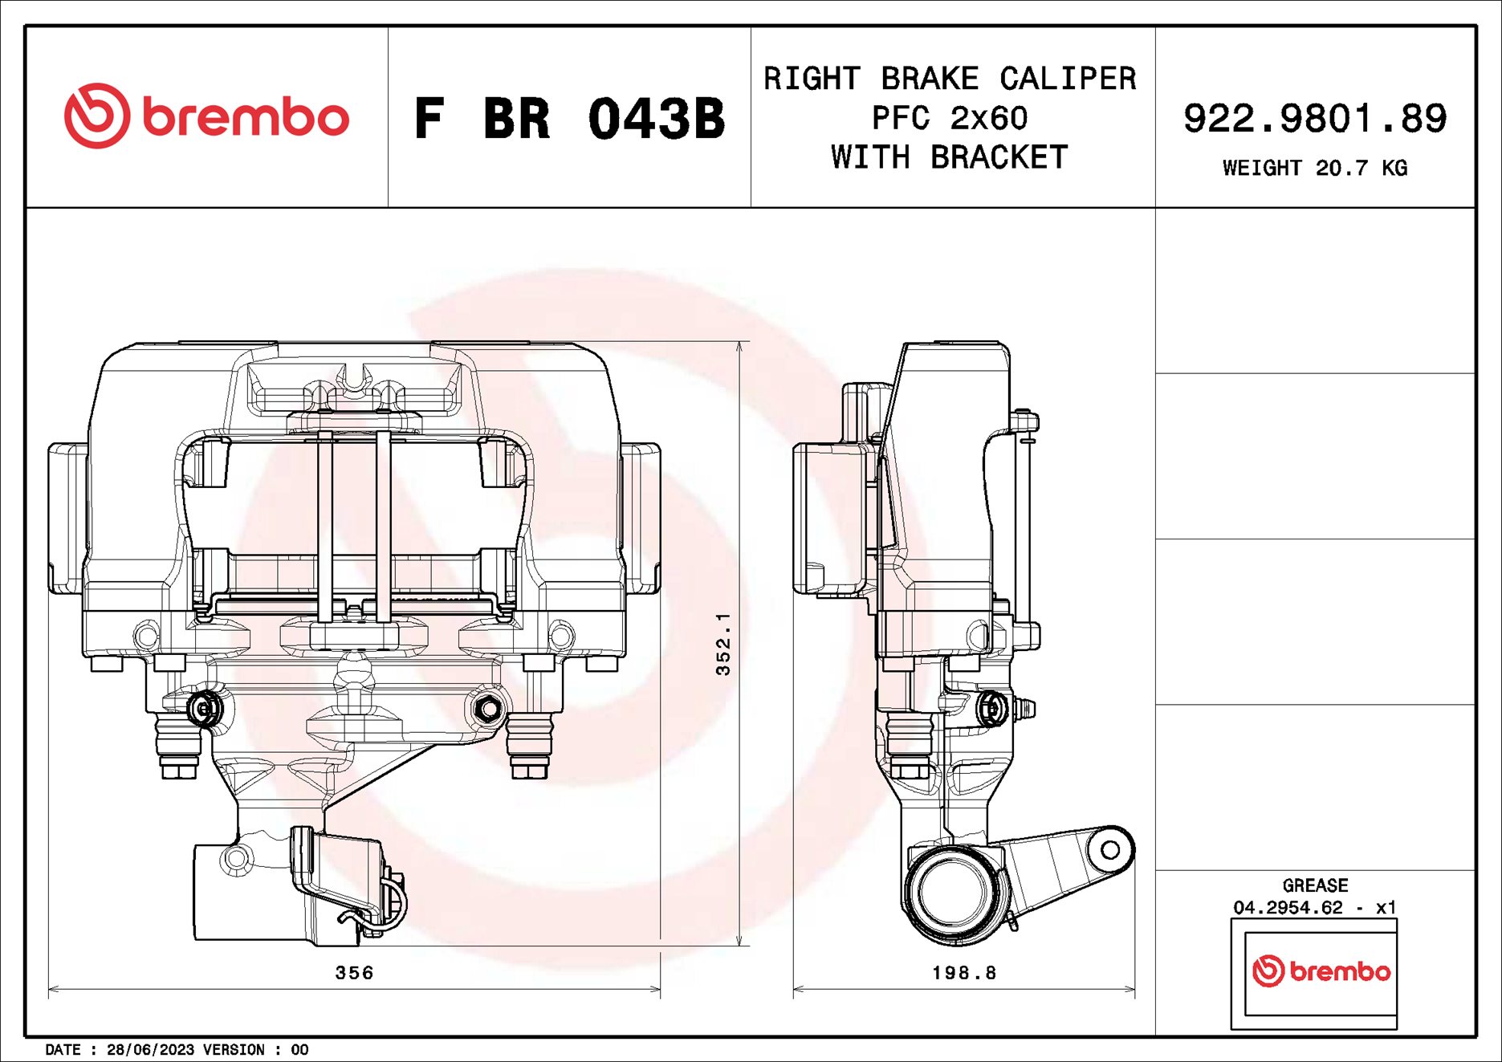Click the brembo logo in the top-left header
click(x=206, y=116)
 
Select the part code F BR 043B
click(x=569, y=119)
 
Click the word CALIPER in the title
click(x=1068, y=79)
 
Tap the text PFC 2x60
click(x=950, y=118)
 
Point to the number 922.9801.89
click(x=1315, y=118)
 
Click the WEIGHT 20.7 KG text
click(x=1315, y=168)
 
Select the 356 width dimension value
click(x=354, y=973)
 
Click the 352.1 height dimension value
click(x=723, y=644)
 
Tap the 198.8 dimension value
click(x=964, y=973)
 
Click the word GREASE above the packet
click(x=1315, y=885)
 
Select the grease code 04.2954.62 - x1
click(x=1315, y=907)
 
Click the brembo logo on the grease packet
click(x=1321, y=971)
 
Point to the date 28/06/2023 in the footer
click(x=151, y=1050)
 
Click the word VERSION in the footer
click(x=234, y=1050)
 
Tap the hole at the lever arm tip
click(x=1110, y=849)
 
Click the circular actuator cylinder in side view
click(x=953, y=893)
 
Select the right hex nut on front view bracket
click(x=487, y=709)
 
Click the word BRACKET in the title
click(x=999, y=157)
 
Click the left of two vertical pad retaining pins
click(x=325, y=526)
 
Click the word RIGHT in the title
click(x=812, y=79)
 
